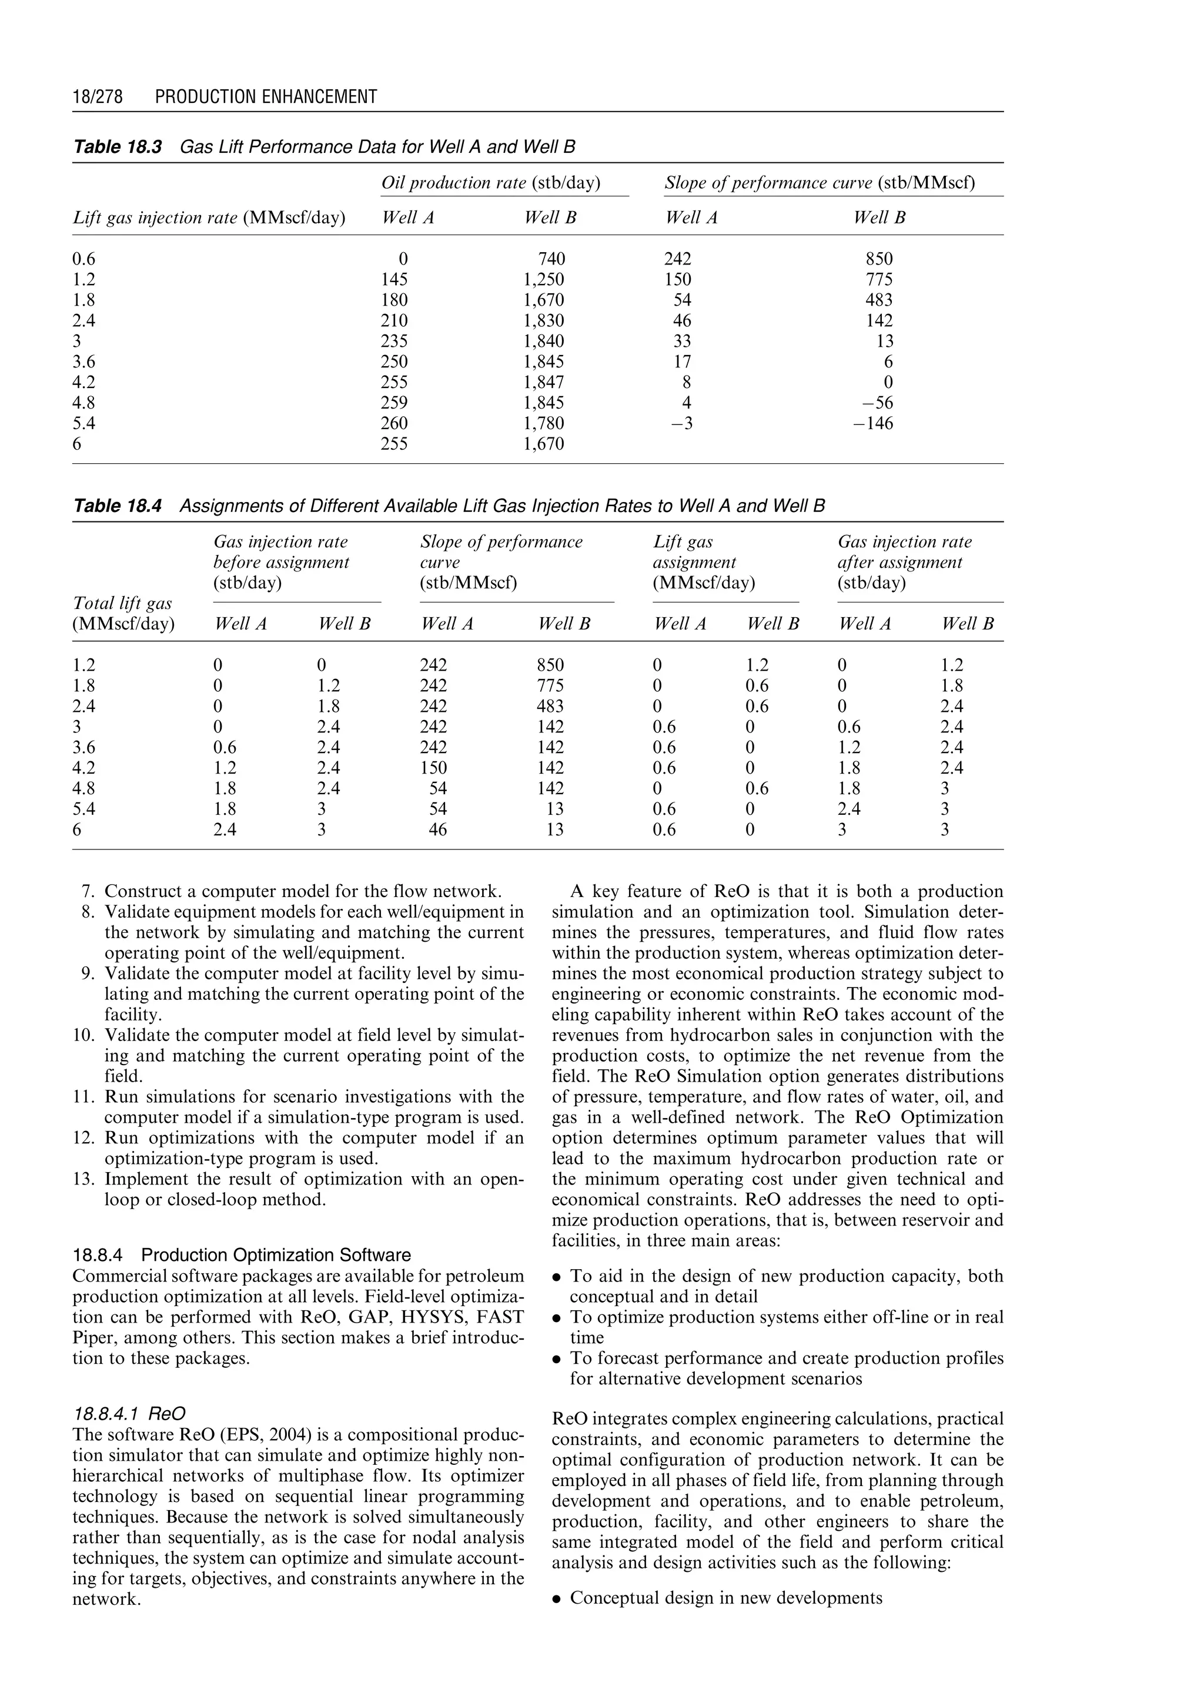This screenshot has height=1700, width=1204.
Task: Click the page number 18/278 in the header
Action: click(x=97, y=96)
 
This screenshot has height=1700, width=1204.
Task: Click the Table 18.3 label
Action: click(x=117, y=147)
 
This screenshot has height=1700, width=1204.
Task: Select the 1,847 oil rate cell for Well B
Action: click(x=543, y=383)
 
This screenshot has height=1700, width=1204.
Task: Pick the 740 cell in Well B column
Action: click(x=551, y=259)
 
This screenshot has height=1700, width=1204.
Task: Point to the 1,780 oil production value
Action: click(x=543, y=423)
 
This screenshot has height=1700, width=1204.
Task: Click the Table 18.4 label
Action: click(x=117, y=506)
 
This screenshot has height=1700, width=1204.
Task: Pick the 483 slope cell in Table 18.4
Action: click(x=551, y=707)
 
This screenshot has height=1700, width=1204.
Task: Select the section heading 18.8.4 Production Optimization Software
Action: click(x=242, y=1255)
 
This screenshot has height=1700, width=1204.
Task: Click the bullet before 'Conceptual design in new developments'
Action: click(x=557, y=1598)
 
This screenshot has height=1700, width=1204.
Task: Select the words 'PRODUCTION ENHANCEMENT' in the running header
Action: click(x=266, y=96)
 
